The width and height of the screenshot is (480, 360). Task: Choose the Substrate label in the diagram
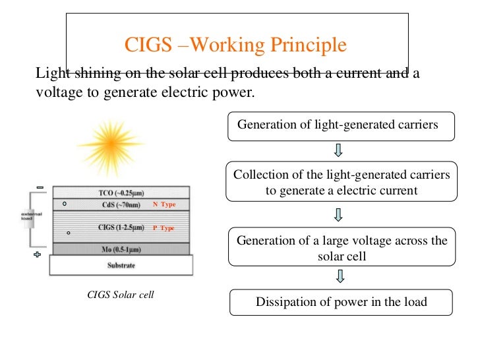[121, 265]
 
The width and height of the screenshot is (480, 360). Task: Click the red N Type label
[164, 204]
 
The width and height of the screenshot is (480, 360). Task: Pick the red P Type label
[163, 228]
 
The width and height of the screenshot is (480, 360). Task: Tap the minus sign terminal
[40, 188]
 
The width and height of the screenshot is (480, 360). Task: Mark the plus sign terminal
[38, 255]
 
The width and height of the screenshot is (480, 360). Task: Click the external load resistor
[29, 220]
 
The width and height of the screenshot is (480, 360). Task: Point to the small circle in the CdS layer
[64, 204]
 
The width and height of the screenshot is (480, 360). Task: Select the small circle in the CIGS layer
[69, 233]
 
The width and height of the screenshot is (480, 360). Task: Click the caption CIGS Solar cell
[121, 295]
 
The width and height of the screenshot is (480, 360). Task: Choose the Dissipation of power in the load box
[341, 303]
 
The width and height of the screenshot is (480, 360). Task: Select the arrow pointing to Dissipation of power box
[339, 276]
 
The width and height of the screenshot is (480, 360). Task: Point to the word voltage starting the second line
[58, 92]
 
